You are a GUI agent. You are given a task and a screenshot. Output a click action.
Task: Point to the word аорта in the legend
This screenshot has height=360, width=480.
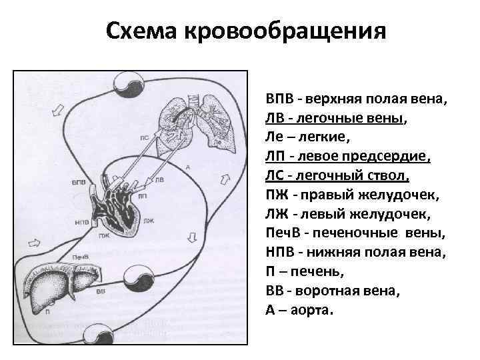(312, 311)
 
